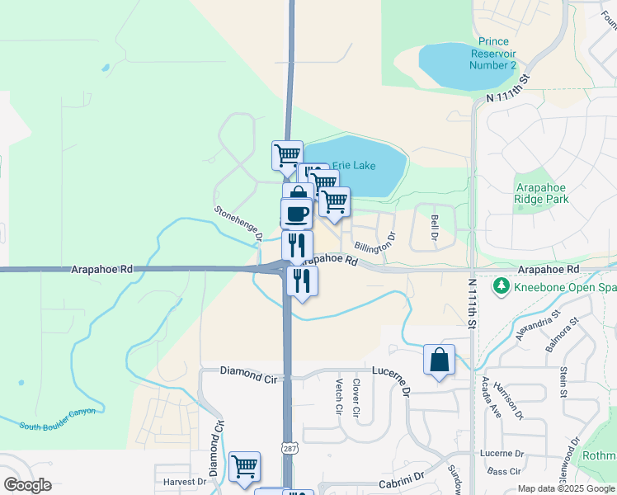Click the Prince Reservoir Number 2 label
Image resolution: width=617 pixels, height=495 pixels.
coord(493,53)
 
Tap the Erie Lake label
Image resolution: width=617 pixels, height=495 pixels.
coord(354,166)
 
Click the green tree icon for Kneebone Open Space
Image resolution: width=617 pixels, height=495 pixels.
coord(500,285)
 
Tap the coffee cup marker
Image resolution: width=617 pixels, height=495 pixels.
coord(297,213)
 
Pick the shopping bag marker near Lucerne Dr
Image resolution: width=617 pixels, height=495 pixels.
coord(440,360)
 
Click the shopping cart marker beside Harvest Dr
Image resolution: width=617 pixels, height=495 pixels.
coord(244,467)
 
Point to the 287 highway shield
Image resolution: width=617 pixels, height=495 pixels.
coord(290,448)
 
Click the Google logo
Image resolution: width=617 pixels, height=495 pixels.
coord(27,484)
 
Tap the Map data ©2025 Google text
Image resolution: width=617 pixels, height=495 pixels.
coord(566,488)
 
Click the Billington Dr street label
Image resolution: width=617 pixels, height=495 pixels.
coord(375,242)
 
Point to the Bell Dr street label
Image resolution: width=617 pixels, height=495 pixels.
coord(434,228)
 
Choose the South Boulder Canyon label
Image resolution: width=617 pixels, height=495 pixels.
coord(58,417)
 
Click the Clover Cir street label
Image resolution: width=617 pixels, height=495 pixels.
coord(356,397)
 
